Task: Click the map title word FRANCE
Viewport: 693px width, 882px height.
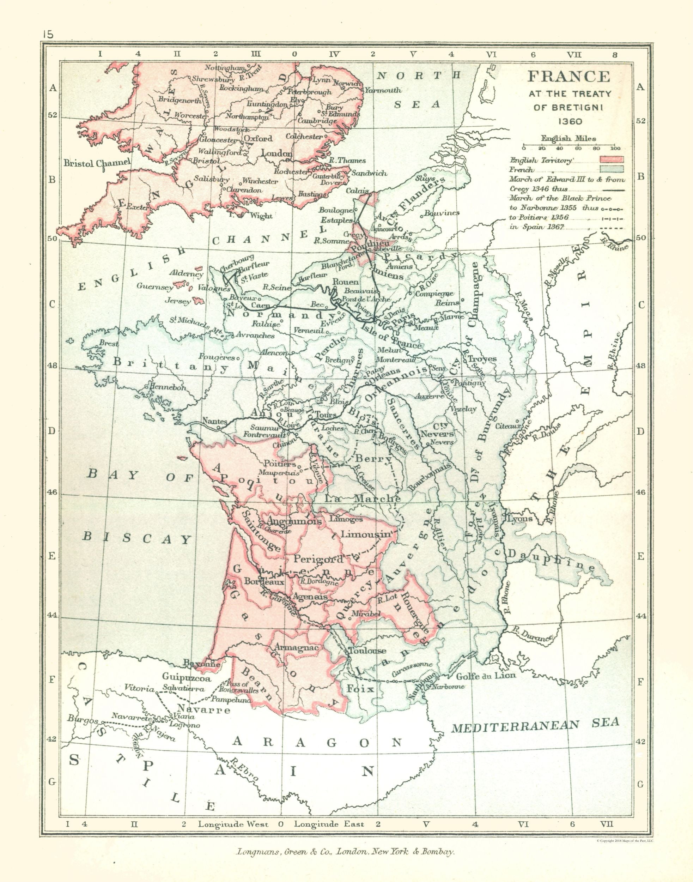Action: coord(568,77)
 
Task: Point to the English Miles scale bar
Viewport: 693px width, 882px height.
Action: coord(569,145)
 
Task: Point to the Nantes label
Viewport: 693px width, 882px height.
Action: coord(215,421)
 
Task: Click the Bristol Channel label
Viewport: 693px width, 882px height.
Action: coord(97,163)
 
